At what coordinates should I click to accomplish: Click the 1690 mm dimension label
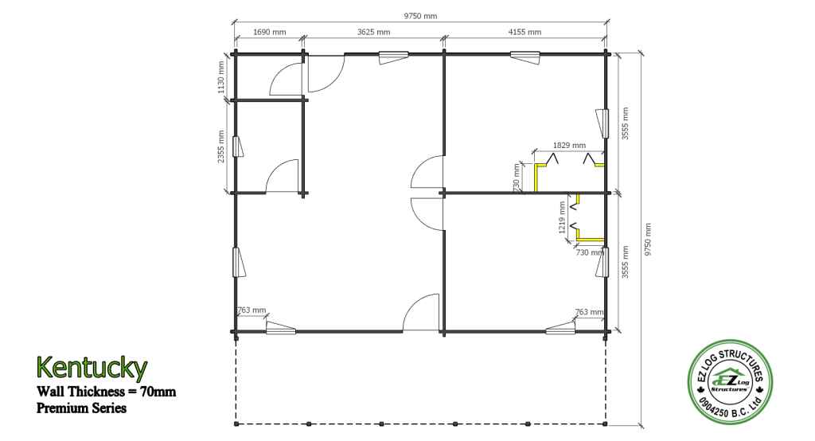point(269,32)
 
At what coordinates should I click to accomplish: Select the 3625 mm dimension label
point(374,32)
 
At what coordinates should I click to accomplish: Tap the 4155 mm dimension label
point(524,32)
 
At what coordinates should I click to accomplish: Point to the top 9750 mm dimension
point(420,16)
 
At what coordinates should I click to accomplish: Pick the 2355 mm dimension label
point(221,146)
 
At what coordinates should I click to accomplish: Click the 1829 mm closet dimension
point(569,146)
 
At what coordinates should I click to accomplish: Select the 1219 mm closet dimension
point(562,218)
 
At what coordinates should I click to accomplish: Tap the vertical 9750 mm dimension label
point(648,240)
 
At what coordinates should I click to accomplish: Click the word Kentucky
point(92,368)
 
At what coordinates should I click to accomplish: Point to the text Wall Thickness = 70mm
point(106,391)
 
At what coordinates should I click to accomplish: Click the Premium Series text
point(82,408)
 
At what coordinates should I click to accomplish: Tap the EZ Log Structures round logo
point(730,382)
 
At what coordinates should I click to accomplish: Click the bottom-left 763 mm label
point(252,310)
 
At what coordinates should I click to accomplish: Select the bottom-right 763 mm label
point(590,311)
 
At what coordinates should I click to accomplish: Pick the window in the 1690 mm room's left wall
point(238,146)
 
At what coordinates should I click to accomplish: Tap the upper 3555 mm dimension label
point(626,123)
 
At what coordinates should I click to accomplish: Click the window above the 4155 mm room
point(525,57)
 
